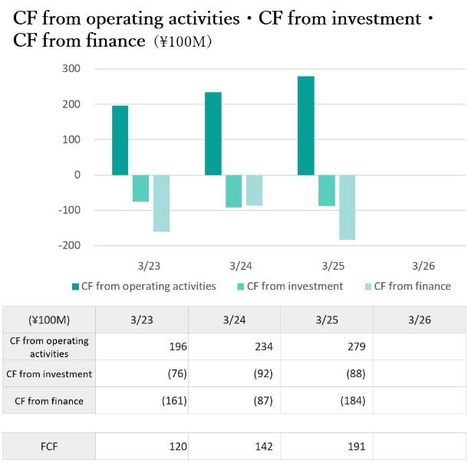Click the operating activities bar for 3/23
tap(120, 140)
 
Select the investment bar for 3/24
tap(233, 191)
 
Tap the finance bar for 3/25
tap(347, 207)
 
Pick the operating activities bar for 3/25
tap(305, 126)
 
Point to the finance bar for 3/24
tap(254, 190)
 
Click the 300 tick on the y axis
tap(71, 69)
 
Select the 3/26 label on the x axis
tap(423, 266)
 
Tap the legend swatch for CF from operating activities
tap(75, 287)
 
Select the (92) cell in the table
tap(262, 374)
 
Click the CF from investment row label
tap(49, 374)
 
